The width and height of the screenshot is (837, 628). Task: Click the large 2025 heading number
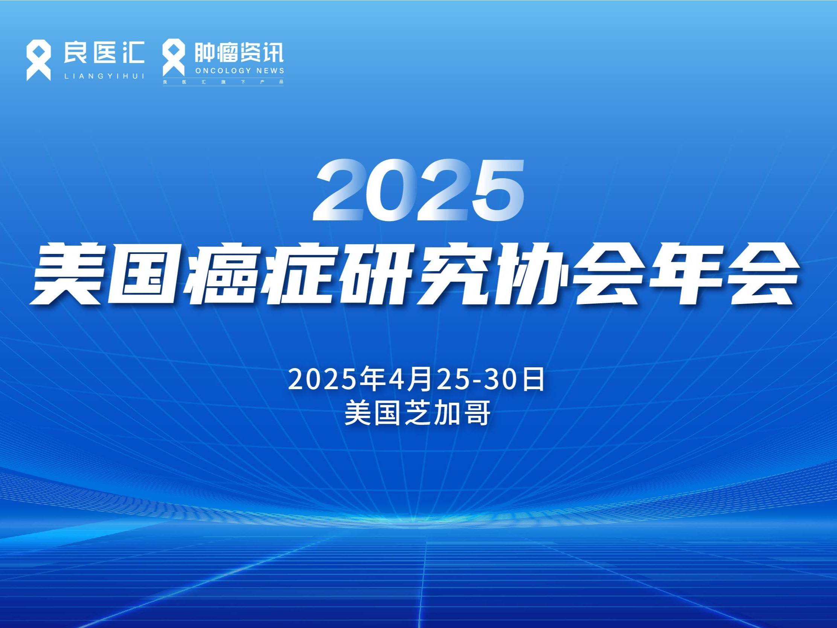419,189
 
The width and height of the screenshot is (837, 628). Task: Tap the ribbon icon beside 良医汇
38,61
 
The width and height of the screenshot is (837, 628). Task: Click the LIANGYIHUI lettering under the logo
104,76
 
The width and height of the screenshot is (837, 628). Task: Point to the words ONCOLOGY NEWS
239,70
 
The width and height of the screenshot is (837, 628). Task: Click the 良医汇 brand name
104,52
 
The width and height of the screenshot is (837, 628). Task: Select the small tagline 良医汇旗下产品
223,82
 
